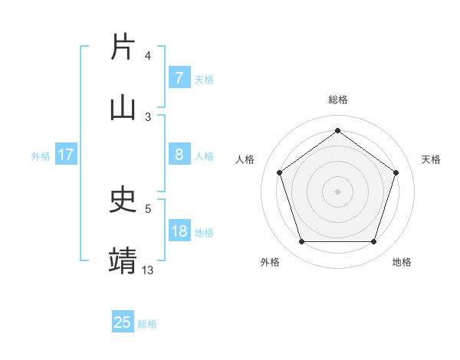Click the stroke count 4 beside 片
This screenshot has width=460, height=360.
148,56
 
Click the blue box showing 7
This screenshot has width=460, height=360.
179,78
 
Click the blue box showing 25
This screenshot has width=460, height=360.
123,322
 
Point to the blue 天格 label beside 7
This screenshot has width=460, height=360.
204,79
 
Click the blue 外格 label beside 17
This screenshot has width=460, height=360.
41,156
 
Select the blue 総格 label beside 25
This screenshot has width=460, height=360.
148,323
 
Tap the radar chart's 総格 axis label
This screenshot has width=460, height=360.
338,100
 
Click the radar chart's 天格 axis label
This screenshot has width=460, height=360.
432,159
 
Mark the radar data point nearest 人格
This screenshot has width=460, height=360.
280,172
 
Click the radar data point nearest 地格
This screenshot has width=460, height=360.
373,242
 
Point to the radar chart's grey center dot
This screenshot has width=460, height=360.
338,191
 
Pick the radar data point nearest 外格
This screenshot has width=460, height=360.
301,242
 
